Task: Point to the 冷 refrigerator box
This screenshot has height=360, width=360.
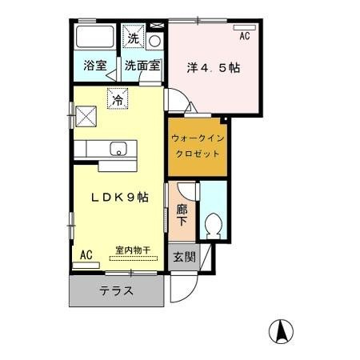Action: click(x=118, y=100)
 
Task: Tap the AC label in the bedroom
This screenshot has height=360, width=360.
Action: click(x=244, y=37)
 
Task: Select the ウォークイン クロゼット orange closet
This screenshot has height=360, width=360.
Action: click(x=197, y=146)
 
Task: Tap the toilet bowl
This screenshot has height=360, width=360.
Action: click(x=213, y=225)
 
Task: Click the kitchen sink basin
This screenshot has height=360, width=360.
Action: click(x=117, y=149)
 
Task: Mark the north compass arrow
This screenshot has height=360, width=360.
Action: click(x=282, y=328)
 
